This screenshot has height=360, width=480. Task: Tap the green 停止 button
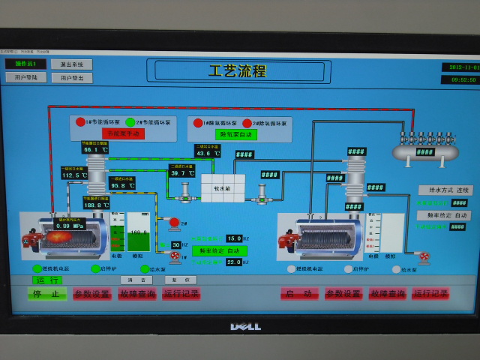click(47, 294)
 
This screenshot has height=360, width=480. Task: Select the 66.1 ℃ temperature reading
click(95, 149)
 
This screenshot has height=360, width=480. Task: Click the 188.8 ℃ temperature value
click(96, 205)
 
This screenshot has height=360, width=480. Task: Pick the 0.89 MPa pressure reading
click(68, 225)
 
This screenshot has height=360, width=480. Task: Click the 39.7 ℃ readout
click(181, 173)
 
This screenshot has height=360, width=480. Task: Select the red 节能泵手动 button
click(123, 133)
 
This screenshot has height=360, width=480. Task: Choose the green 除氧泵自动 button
click(237, 134)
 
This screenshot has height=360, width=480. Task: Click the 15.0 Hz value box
click(234, 238)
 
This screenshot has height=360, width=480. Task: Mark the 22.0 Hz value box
click(234, 262)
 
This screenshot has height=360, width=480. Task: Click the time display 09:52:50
click(458, 79)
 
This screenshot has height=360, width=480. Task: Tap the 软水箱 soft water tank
click(223, 187)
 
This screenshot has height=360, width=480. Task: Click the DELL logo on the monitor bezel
click(244, 326)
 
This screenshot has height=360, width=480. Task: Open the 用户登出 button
click(71, 78)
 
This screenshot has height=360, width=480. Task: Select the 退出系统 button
click(71, 64)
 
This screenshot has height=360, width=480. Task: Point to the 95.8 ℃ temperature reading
click(121, 185)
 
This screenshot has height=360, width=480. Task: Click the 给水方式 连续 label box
click(445, 190)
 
